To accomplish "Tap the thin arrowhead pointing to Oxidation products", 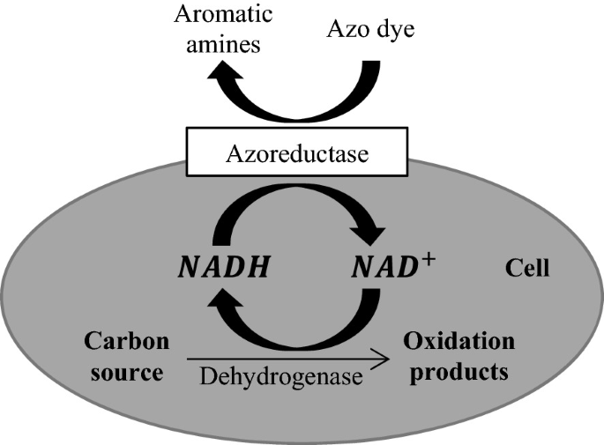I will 381,359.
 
